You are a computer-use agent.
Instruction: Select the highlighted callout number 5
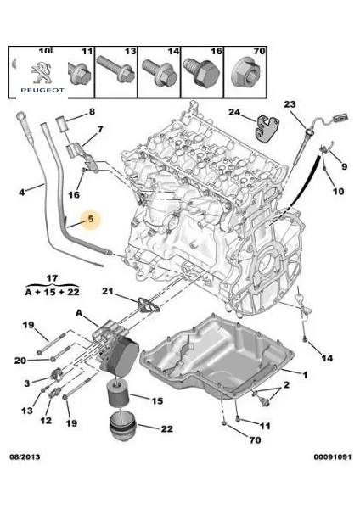point(88,220)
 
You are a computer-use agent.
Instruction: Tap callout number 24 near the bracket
point(234,111)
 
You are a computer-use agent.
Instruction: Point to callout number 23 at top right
point(290,104)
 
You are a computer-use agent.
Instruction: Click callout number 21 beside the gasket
point(107,293)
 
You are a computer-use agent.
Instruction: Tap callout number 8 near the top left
point(92,112)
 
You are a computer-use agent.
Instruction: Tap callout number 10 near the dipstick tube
point(339,192)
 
